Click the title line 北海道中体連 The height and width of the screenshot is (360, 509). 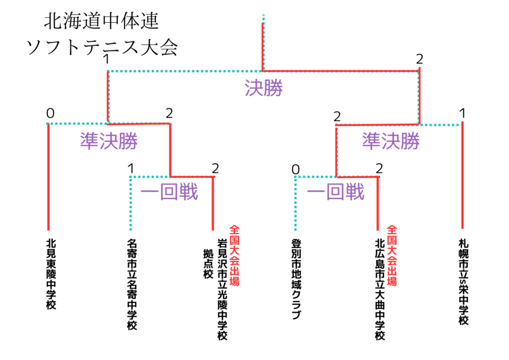101,21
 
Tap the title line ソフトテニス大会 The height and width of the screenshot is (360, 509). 102,47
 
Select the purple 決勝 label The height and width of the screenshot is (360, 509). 264,88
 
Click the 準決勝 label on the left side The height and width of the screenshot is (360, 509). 109,141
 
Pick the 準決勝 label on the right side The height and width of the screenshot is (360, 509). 391,141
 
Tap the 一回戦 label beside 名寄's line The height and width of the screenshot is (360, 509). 169,191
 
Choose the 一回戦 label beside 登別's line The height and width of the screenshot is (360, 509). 336,191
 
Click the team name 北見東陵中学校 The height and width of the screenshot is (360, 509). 51,274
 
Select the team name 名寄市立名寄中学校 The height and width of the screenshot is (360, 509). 132,284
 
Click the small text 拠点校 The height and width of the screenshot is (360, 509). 208,264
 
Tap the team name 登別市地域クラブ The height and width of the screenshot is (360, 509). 296,279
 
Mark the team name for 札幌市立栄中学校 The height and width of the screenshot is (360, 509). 463,282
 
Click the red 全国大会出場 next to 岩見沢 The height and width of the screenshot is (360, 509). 234,256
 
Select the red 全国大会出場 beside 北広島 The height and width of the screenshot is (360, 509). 392,256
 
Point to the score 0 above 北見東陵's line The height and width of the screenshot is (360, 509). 50,113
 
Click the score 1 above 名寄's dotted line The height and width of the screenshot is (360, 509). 131,169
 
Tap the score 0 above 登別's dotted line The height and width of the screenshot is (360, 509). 295,170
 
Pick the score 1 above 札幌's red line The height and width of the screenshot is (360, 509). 462,113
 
